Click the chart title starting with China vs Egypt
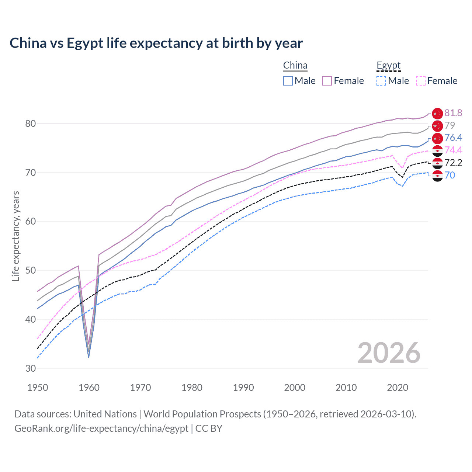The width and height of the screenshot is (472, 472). click(156, 43)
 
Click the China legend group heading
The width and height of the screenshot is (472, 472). click(295, 66)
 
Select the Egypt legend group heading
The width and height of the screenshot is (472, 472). click(388, 66)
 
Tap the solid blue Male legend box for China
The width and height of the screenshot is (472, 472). click(288, 81)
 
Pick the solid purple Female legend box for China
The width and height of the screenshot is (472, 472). click(327, 81)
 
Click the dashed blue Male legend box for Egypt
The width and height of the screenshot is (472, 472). click(381, 81)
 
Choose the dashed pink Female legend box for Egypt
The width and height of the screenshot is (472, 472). click(421, 81)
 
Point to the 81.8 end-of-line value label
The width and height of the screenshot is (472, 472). click(453, 113)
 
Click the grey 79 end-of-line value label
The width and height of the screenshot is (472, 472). click(450, 125)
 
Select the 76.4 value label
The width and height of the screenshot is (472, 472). click(453, 138)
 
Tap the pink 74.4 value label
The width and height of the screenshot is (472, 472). click(453, 150)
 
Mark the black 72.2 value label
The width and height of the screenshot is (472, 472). click(453, 163)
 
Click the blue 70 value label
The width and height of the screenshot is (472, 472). click(450, 175)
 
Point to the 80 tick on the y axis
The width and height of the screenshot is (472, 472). click(31, 124)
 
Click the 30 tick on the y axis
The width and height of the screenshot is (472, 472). click(31, 368)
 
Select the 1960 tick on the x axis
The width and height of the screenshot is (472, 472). click(89, 388)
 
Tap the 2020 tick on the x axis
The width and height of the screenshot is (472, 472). click(398, 388)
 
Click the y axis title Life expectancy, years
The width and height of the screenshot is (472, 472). click(15, 236)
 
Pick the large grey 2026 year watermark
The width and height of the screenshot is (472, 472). click(389, 353)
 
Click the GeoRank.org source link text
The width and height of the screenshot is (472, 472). click(101, 428)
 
